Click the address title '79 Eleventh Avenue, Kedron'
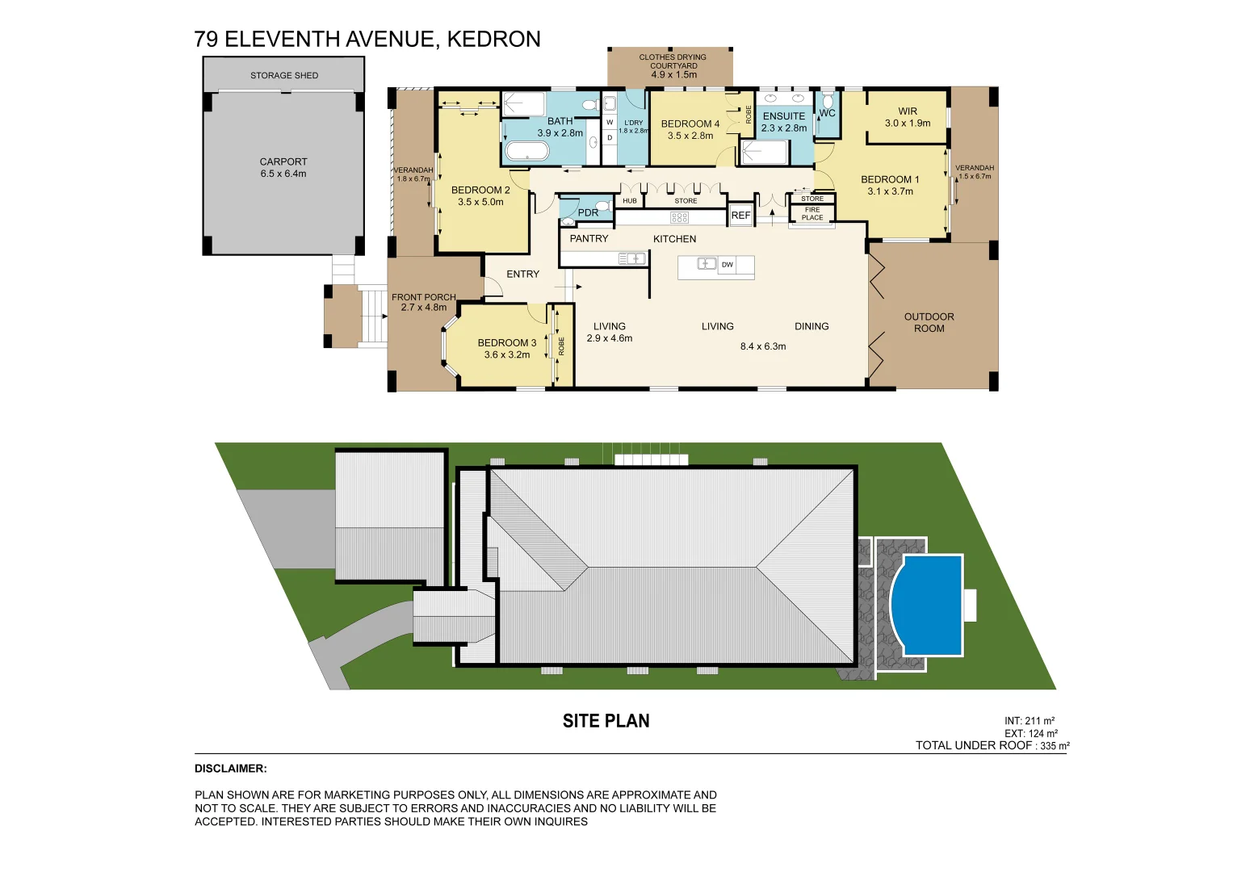tap(367, 39)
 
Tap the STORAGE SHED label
tap(283, 75)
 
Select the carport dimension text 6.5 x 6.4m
tap(283, 174)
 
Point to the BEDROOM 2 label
tap(480, 191)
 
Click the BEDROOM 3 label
tap(506, 343)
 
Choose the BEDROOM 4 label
tap(690, 124)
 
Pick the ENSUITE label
tap(784, 116)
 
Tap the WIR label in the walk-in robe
tap(908, 111)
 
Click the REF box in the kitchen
tap(740, 216)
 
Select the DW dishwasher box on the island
tap(728, 265)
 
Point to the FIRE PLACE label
tap(812, 213)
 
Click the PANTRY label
tap(589, 239)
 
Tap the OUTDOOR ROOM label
tap(929, 322)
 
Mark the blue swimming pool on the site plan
tap(929, 605)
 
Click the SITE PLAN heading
tap(606, 721)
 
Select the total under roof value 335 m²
tap(1055, 746)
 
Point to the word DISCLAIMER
tap(230, 769)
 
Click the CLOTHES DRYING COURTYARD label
tap(673, 61)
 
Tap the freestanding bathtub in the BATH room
tap(526, 151)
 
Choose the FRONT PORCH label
tap(423, 297)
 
